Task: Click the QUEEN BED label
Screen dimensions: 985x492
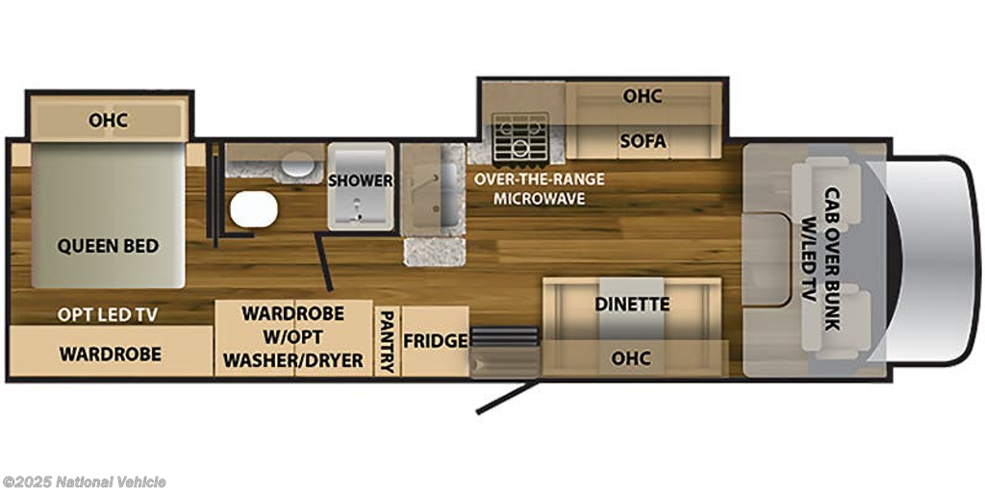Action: [108, 246]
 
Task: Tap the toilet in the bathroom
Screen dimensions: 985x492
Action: [254, 209]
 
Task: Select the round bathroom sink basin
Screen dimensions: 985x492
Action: [297, 164]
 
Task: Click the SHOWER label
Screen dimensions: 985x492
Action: [360, 181]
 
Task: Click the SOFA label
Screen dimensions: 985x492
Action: [643, 141]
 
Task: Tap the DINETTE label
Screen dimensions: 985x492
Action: [632, 305]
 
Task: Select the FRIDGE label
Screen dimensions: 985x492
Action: [436, 341]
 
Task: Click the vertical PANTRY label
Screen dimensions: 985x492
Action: [388, 342]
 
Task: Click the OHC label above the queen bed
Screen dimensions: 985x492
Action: [108, 120]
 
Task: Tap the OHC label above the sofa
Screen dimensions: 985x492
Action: [642, 96]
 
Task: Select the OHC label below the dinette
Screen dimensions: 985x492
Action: [631, 358]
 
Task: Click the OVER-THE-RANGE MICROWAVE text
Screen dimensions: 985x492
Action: [539, 189]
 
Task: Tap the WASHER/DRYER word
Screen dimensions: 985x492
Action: [293, 361]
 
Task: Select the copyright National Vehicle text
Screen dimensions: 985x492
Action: [85, 482]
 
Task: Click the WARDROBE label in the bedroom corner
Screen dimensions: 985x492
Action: [111, 355]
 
